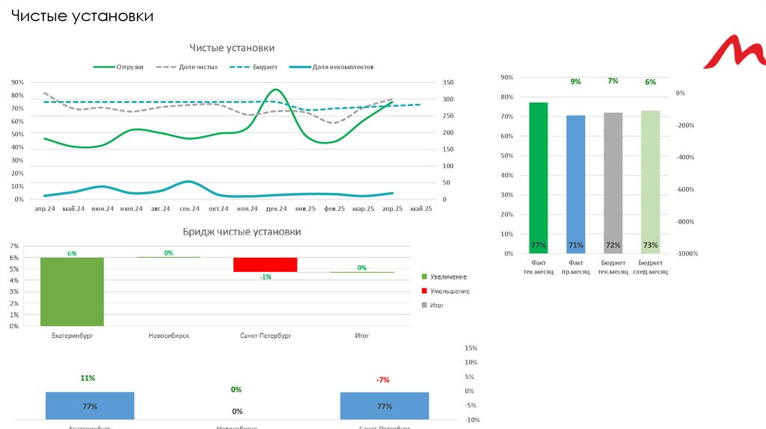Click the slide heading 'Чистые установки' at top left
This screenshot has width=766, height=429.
tap(82, 16)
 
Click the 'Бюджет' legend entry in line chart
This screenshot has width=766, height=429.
tap(265, 67)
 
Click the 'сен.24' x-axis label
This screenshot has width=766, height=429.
tap(189, 209)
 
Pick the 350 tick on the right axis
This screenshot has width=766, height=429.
tap(448, 82)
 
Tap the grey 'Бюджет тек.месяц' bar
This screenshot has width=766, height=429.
tap(613, 183)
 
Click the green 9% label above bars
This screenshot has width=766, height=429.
tap(575, 81)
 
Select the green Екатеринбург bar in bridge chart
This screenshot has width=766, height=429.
tap(72, 291)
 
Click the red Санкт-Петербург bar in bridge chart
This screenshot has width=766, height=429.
tap(266, 265)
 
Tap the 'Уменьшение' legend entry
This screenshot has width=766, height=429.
tap(449, 291)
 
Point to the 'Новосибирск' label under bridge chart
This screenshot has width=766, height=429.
tap(168, 336)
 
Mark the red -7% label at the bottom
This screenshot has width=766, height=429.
tap(383, 380)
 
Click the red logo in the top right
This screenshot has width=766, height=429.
tap(736, 56)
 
